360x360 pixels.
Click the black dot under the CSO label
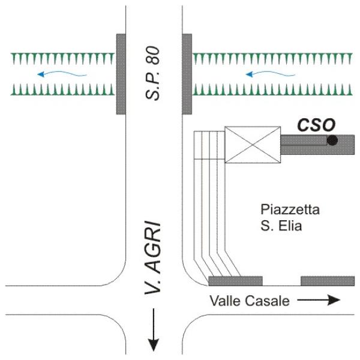tap(332, 140)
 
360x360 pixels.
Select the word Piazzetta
tap(290, 210)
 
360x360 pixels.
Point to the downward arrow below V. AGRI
tap(154, 330)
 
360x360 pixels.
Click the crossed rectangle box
tap(252, 145)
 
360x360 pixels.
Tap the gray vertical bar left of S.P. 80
tap(121, 74)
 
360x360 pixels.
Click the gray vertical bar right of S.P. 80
tap(187, 74)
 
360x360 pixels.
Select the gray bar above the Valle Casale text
tap(235, 281)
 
